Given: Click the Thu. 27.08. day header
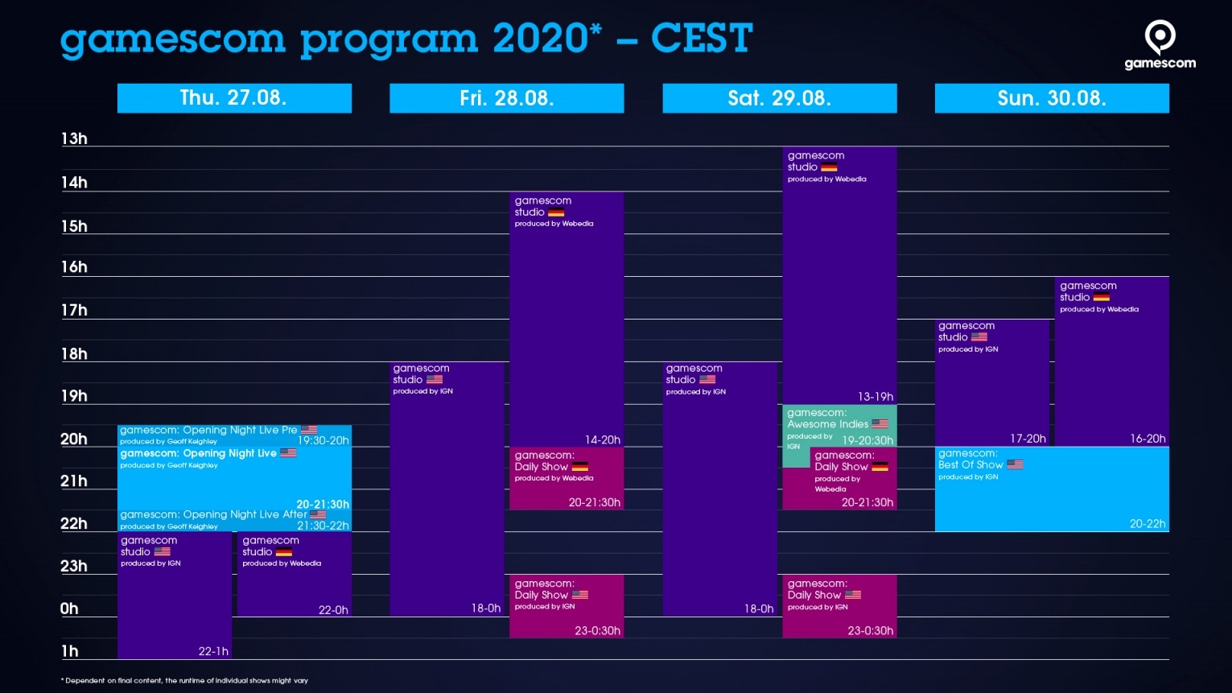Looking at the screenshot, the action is tap(234, 98).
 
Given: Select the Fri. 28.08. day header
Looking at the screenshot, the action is tap(506, 98).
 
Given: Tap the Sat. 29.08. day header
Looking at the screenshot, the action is tap(779, 98).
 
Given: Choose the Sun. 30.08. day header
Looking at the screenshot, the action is tap(1052, 98).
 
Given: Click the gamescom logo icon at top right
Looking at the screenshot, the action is tap(1160, 37).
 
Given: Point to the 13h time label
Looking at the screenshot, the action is tap(74, 138).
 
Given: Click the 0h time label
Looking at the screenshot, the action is tap(69, 608).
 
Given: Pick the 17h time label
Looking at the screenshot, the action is tap(74, 311).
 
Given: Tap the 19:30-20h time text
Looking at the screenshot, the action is tap(323, 440).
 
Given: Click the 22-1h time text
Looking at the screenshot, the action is tap(213, 652).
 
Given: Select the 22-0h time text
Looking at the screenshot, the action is tap(333, 610).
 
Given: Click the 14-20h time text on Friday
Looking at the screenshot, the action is tap(602, 440).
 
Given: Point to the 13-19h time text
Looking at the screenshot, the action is tap(876, 397).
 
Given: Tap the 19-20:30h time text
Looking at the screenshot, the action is tap(867, 440).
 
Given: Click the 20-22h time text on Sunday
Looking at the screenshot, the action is tap(1148, 524).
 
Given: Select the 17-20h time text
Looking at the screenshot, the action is tap(1028, 439).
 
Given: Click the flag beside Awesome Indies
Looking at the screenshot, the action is tap(880, 423).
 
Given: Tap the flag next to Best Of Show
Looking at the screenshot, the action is tap(1015, 464).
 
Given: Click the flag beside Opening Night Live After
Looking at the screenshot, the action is tap(318, 514).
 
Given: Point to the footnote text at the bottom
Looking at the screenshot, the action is tap(184, 681).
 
